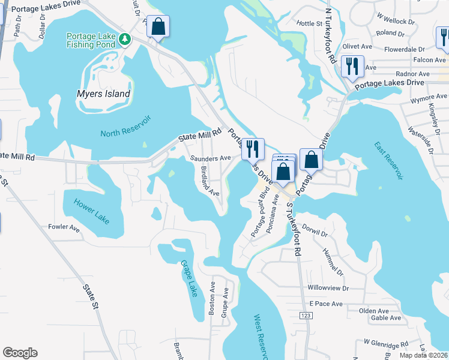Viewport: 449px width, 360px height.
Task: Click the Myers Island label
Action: click(103, 94)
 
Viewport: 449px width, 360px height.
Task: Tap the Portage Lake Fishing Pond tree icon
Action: click(125, 40)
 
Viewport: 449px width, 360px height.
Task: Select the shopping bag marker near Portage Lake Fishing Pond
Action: click(158, 27)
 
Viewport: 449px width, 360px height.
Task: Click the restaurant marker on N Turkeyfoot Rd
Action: click(352, 66)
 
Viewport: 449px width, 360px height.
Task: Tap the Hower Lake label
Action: click(92, 211)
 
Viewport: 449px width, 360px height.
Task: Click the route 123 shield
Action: click(307, 316)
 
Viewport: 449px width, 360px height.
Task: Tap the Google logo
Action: click(20, 353)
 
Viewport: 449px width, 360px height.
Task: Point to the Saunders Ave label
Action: click(211, 158)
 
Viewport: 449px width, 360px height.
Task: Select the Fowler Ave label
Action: click(64, 227)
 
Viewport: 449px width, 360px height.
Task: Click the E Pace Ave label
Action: click(326, 304)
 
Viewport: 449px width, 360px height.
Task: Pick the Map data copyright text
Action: click(424, 355)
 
